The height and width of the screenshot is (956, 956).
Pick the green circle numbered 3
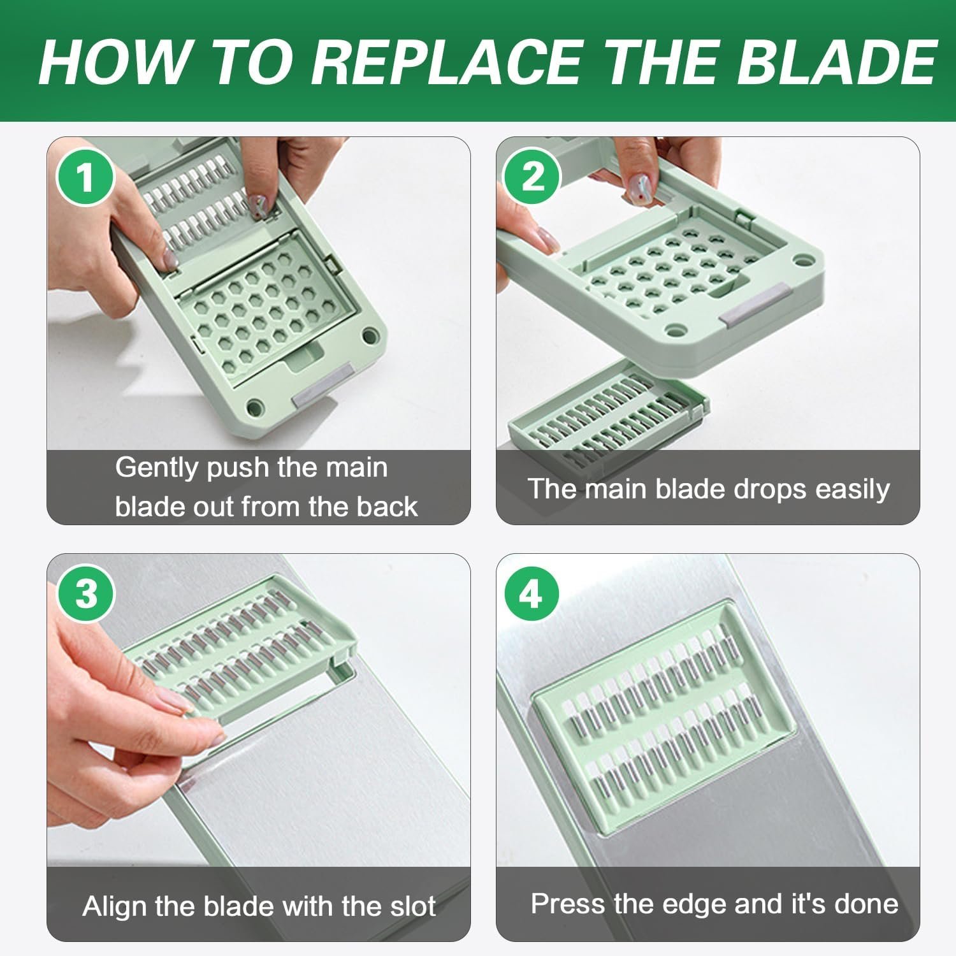click(x=85, y=593)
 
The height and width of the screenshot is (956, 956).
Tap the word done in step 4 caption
click(x=869, y=904)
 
